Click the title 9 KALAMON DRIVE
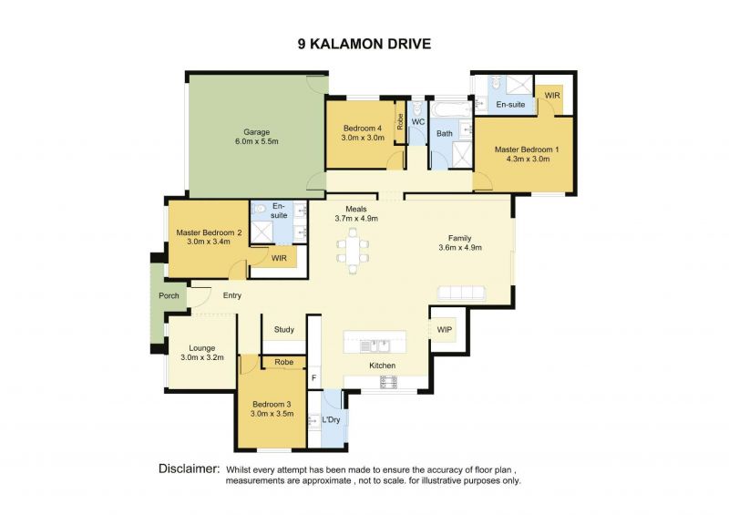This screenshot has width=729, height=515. (x=364, y=44)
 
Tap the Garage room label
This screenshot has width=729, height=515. (x=257, y=132)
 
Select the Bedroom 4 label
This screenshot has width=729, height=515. (x=363, y=128)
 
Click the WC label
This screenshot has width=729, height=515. (x=418, y=122)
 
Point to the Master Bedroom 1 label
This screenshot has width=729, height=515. (x=527, y=149)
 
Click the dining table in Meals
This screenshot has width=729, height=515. (x=353, y=252)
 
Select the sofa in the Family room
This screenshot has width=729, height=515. (x=461, y=293)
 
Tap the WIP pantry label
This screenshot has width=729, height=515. (x=445, y=330)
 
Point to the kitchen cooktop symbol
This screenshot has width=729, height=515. (x=389, y=382)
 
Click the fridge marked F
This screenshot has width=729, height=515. (x=313, y=378)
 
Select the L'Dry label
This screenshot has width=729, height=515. (x=331, y=419)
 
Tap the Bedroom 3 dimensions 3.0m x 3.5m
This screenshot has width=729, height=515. (x=272, y=414)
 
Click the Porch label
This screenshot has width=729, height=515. (x=169, y=295)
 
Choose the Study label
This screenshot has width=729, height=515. (x=284, y=329)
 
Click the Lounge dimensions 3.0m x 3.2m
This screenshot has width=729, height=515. (x=202, y=357)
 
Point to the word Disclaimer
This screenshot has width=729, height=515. (x=189, y=469)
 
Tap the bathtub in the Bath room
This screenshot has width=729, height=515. (x=451, y=109)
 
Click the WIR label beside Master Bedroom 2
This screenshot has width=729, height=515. (x=279, y=258)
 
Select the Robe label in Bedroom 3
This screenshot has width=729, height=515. (x=283, y=362)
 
